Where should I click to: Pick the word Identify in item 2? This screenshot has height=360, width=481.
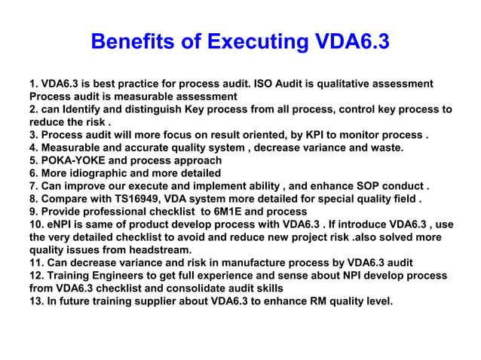coord(89,110)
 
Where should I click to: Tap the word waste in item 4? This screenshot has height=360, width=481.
coord(385,148)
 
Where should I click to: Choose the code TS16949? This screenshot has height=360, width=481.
coord(137,200)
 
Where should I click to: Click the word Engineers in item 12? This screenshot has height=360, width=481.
coord(127,276)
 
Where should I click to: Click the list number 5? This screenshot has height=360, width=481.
coord(35,161)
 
